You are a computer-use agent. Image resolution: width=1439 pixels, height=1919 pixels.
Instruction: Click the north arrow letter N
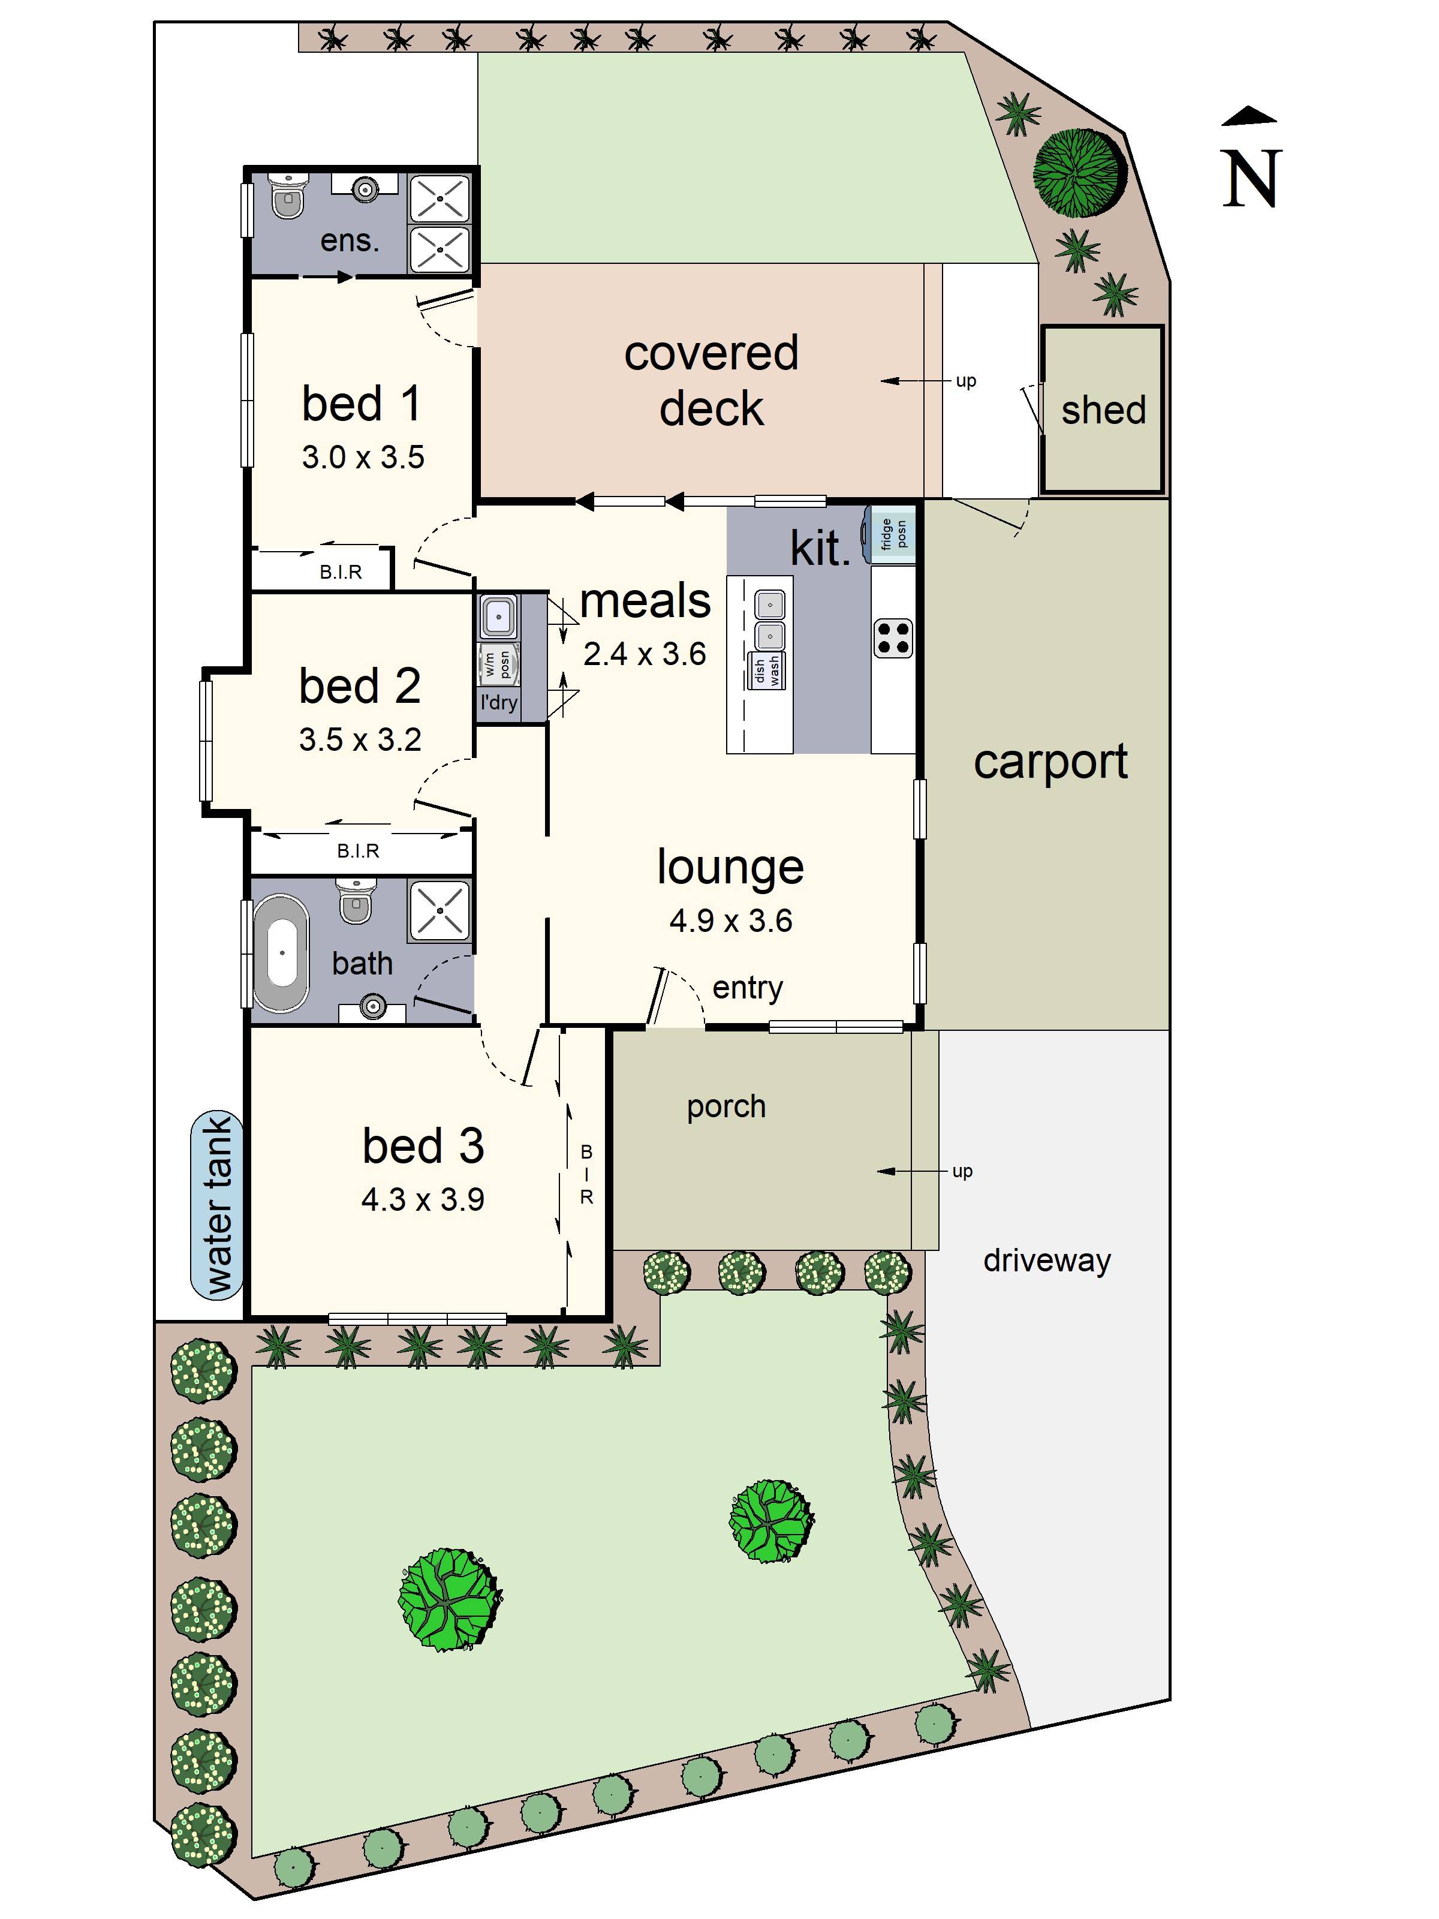1251,178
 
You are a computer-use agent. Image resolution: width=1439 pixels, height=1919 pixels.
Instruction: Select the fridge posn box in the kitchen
893,534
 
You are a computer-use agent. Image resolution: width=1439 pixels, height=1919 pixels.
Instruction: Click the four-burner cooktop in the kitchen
893,639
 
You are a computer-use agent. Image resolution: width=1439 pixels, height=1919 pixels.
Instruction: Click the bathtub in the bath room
281,952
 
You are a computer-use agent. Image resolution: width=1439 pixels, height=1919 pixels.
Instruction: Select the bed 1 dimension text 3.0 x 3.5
363,457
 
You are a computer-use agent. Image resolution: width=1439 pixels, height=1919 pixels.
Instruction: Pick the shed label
1103,410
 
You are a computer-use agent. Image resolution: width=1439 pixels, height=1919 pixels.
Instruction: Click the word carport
1049,762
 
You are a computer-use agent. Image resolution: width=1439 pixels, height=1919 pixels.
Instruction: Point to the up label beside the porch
962,1171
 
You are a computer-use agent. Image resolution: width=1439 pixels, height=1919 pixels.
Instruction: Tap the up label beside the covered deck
965,380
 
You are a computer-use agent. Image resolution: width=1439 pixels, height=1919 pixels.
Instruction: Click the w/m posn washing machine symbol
498,664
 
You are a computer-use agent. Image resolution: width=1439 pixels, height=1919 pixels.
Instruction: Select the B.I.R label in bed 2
357,851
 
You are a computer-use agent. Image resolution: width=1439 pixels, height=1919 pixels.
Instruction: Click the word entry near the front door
747,987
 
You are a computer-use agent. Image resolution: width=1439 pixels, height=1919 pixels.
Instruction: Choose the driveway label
1046,1260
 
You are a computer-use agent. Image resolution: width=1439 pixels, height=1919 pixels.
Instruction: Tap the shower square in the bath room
439,910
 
